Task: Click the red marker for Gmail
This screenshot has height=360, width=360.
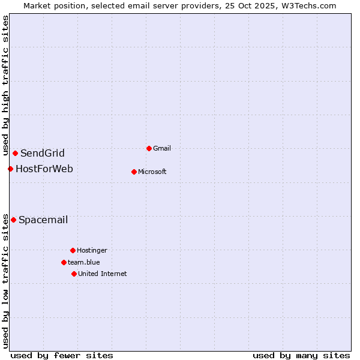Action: click(x=149, y=148)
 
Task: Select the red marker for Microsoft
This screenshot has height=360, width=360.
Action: click(x=134, y=172)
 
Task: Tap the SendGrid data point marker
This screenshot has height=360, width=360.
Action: click(x=15, y=153)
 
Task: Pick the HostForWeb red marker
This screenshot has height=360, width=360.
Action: click(x=10, y=169)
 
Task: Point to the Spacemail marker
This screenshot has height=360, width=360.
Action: click(x=13, y=220)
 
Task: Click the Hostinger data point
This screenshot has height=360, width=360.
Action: click(x=73, y=250)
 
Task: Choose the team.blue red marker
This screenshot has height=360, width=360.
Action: click(x=64, y=262)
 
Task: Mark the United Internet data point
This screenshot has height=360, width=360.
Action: click(x=74, y=274)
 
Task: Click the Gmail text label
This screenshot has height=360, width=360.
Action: click(x=163, y=148)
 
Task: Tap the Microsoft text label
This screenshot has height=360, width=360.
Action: click(x=152, y=172)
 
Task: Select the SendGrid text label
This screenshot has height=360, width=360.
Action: click(x=43, y=153)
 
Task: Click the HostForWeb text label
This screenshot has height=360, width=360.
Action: click(x=44, y=169)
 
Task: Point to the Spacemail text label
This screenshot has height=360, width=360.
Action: click(x=43, y=220)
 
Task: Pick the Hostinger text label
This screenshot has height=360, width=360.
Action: click(x=92, y=250)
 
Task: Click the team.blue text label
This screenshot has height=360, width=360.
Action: click(x=84, y=262)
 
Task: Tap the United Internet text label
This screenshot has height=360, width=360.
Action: click(x=103, y=274)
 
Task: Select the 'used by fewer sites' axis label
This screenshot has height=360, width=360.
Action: click(x=62, y=355)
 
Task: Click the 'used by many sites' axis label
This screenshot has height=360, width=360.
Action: click(x=301, y=355)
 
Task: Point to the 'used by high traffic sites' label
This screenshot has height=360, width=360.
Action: click(x=5, y=86)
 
